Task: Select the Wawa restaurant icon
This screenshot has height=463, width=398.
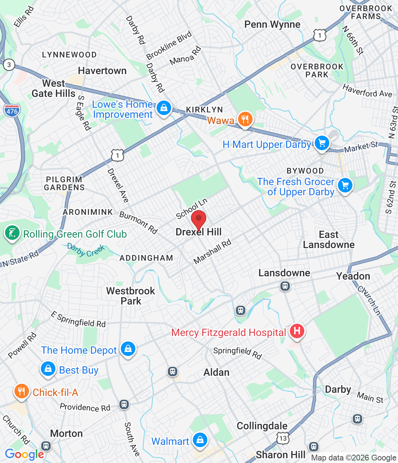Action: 245,119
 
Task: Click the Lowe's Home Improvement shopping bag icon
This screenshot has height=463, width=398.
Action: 164,108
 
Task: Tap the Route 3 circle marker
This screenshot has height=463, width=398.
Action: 9,65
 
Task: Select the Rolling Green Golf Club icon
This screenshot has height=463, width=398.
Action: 12,233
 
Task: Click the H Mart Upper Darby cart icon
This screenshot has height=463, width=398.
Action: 322,143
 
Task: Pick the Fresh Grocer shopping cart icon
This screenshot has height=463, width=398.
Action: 345,186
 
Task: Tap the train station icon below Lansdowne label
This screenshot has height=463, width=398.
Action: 285,286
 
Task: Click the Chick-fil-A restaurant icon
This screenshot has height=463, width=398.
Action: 22,391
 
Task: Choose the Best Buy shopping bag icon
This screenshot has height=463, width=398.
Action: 48,369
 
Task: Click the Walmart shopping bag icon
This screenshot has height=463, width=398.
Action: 200,440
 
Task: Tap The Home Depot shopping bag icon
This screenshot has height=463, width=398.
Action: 128,349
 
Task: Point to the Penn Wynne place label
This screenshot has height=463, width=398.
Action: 272,25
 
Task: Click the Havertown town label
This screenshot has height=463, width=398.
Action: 102,71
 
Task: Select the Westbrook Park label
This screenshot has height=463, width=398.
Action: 131,296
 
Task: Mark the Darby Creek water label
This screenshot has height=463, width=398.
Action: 86,250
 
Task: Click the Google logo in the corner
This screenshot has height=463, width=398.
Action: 24,454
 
